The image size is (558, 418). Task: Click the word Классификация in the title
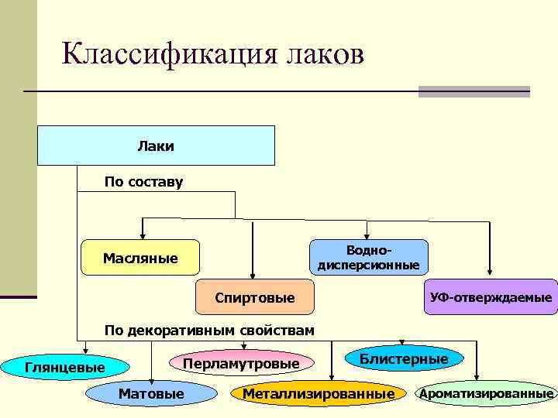pos(160,54)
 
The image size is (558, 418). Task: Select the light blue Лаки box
pos(156,146)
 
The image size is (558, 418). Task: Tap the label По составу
pos(143,183)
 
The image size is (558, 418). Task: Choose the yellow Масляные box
pos(140,258)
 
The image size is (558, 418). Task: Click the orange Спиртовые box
pos(255,298)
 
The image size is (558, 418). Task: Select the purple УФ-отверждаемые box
pos(491,297)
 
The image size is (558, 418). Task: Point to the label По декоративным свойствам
pos(209,331)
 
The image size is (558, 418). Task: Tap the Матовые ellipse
pos(151,394)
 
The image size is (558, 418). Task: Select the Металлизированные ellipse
pos(319,394)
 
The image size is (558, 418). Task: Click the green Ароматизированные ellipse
pos(487,394)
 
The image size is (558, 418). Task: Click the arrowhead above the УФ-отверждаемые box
pos(490,273)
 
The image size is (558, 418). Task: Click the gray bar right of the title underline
pos(474,91)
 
